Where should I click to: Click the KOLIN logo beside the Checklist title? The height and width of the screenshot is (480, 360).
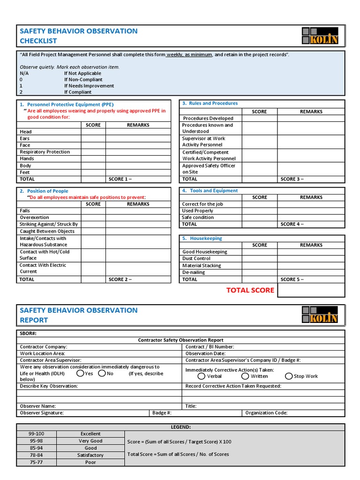pos(320,36)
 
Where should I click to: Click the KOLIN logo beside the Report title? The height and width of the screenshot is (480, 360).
pos(320,315)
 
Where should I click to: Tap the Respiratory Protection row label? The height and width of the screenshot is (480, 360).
pos(45,152)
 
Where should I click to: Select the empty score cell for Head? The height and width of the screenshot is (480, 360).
pos(93,132)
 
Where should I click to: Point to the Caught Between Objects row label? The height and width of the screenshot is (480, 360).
pos(47,231)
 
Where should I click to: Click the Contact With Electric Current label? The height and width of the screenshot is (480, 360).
pos(43,268)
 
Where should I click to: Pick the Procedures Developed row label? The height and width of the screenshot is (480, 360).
pos(208,119)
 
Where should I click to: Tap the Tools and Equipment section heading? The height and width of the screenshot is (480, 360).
pos(213,191)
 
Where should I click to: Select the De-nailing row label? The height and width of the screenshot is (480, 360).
pos(194,272)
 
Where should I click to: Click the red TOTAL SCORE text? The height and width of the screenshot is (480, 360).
pos(250,290)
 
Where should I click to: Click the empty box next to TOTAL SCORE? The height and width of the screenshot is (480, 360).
pos(311,290)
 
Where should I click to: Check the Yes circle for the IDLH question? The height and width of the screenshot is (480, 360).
pos(81,374)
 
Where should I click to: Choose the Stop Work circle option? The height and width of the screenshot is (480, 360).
pos(289,376)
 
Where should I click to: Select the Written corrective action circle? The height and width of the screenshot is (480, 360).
pos(245,376)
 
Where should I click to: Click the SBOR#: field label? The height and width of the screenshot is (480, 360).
pos(28,333)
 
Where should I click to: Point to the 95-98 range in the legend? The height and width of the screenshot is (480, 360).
pos(36,441)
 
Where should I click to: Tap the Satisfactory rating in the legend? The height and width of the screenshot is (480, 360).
pos(90,455)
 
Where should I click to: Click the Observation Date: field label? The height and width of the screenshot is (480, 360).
pos(205,353)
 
